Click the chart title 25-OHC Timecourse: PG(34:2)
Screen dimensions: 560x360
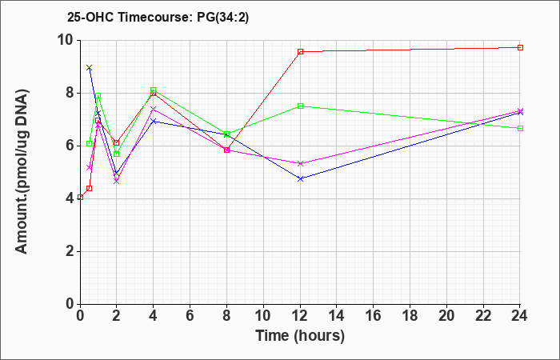click(158, 18)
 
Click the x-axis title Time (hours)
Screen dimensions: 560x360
click(300, 336)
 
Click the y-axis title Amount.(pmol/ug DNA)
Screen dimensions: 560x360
click(22, 172)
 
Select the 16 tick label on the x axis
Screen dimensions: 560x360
click(374, 316)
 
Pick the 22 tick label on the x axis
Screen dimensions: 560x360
click(483, 316)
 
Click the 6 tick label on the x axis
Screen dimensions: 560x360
click(190, 316)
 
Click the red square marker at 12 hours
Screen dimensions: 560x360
click(300, 52)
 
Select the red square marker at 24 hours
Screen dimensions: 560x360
click(520, 47)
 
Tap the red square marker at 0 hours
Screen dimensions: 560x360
click(80, 197)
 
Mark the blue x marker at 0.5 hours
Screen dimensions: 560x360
click(90, 67)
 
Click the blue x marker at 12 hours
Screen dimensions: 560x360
click(300, 178)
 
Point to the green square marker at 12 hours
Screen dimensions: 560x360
click(300, 106)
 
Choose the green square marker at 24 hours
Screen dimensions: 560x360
click(520, 128)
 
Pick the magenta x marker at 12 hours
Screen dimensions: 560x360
click(300, 163)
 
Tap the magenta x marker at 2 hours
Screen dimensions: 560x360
click(117, 182)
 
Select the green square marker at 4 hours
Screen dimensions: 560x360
click(154, 90)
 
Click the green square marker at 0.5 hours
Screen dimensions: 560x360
click(90, 143)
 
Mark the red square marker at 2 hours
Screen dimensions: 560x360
click(117, 142)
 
